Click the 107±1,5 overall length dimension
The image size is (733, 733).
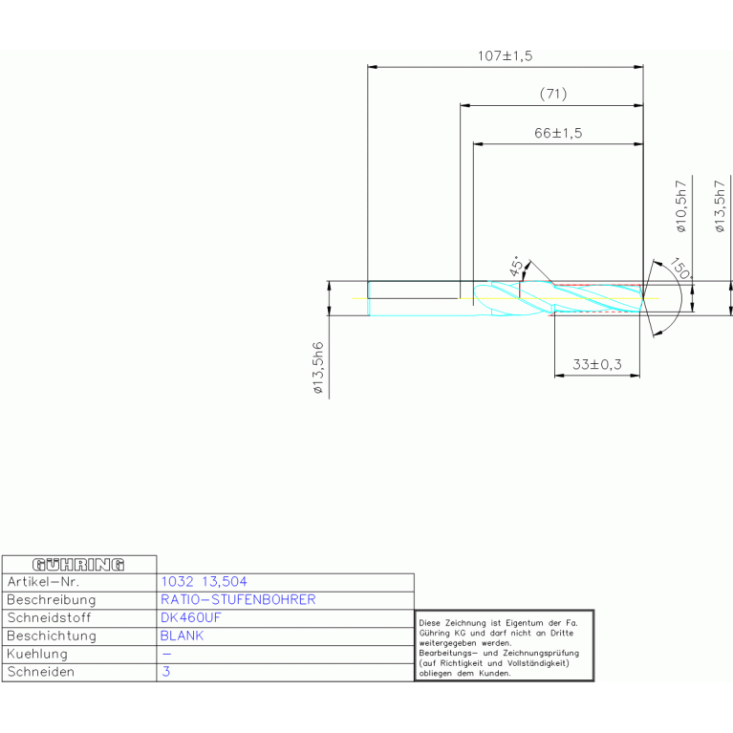click(x=505, y=56)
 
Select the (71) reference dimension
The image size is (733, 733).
click(x=552, y=94)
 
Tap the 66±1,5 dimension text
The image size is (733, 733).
click(x=557, y=134)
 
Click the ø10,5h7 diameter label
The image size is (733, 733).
click(x=680, y=205)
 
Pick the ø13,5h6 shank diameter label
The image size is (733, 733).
click(x=318, y=368)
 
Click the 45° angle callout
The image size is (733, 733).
click(x=516, y=267)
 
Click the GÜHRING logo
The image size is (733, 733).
click(x=80, y=564)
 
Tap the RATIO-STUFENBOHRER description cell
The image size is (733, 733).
click(x=238, y=599)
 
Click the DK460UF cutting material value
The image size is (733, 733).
click(x=191, y=617)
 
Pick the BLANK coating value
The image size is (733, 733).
click(x=182, y=636)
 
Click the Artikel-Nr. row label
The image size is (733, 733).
click(x=43, y=581)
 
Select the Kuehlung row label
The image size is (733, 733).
click(x=37, y=654)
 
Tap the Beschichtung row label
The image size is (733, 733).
click(x=51, y=636)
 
